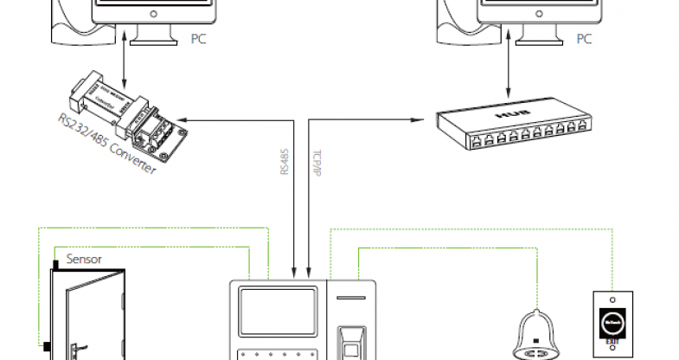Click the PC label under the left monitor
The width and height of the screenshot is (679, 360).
[x=198, y=39]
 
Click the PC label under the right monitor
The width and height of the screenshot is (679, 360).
[x=585, y=39]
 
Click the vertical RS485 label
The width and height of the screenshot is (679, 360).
[x=285, y=162]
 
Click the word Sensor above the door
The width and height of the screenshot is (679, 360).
[x=85, y=259]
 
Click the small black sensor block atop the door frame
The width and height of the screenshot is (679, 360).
[x=55, y=263]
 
